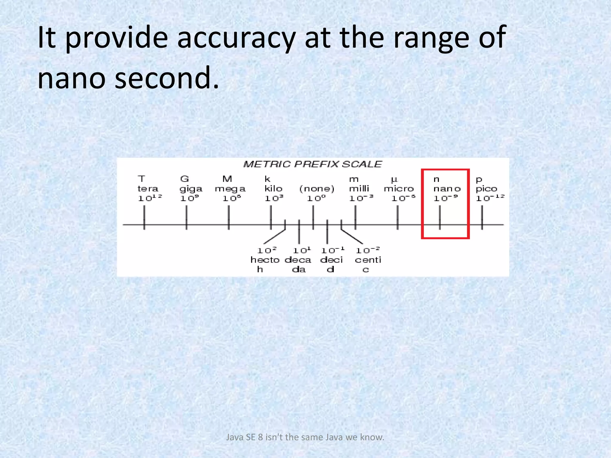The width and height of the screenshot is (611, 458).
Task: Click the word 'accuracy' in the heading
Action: [236, 38]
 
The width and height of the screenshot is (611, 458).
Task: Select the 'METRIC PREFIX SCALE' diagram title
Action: [312, 164]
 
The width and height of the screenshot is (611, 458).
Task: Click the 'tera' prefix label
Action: [148, 189]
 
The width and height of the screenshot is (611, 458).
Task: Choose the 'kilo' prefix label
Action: [273, 189]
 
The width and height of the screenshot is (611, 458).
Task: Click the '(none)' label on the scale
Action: [317, 189]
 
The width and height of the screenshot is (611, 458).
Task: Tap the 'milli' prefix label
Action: [359, 189]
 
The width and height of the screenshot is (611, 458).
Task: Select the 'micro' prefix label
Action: [399, 189]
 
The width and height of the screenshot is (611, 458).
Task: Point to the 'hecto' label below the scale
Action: [265, 260]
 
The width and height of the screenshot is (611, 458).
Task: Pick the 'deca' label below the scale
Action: [298, 260]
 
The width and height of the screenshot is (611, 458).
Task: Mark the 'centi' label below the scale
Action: [368, 260]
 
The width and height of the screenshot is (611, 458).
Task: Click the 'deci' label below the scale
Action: [331, 260]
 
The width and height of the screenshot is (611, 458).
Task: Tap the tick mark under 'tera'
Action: [144, 218]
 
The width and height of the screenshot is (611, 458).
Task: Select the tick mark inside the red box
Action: [440, 218]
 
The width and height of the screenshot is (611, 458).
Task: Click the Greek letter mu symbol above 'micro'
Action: [394, 180]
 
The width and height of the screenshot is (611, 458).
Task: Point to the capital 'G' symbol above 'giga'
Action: [184, 179]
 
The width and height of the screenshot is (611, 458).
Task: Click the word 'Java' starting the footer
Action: [235, 437]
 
